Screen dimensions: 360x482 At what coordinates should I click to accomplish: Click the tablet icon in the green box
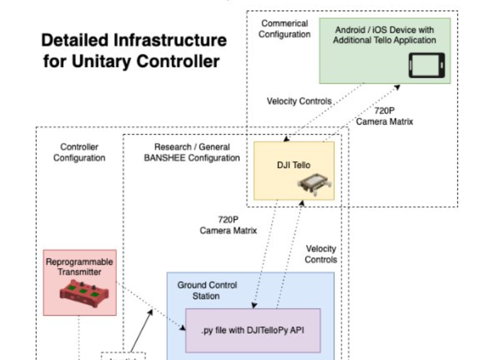427,65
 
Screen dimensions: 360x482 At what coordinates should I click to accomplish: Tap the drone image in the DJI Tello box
314,185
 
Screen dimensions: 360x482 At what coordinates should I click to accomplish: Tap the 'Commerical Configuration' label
285,29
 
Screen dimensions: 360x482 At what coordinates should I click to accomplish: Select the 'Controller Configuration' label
79,152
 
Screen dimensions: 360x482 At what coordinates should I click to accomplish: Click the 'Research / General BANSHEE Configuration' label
192,152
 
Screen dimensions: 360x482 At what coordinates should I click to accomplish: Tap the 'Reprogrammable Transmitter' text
79,267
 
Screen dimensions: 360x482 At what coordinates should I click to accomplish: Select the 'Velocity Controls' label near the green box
299,102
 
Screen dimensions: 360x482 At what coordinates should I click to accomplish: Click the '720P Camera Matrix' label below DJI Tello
228,225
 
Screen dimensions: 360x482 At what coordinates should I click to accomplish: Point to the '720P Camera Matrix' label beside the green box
384,116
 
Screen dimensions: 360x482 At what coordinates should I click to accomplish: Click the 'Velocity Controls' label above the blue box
320,254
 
